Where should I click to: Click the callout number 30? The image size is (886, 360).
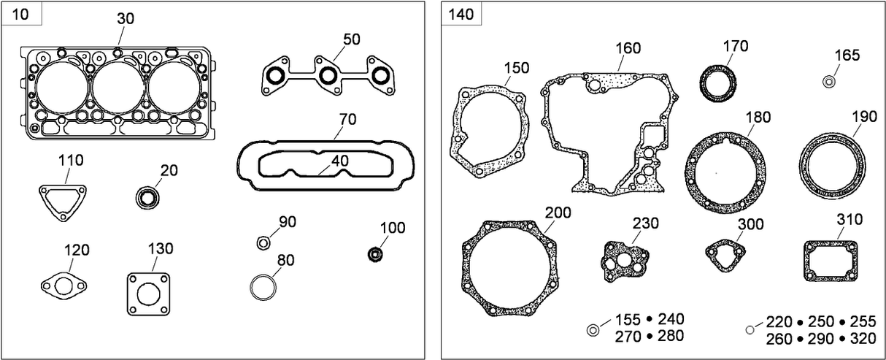(x=126, y=19)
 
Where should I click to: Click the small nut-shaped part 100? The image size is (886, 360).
(x=376, y=254)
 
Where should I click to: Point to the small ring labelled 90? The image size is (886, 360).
(x=264, y=242)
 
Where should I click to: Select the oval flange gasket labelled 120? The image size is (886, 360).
(x=63, y=285)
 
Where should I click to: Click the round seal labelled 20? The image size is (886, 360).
(x=148, y=196)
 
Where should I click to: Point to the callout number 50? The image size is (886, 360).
(x=351, y=39)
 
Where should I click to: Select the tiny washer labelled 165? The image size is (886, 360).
(x=829, y=82)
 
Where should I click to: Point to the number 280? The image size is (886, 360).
(x=671, y=337)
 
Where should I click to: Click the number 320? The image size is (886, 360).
(x=863, y=340)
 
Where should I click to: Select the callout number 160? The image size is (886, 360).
(x=627, y=48)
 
